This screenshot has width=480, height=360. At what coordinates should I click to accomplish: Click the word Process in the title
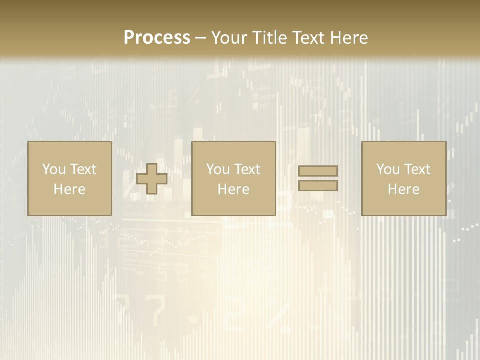[157, 38]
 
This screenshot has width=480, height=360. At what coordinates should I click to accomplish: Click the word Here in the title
[349, 38]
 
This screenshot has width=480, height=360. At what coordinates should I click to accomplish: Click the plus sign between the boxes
[152, 179]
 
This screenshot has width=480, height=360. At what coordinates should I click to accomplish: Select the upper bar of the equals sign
[318, 171]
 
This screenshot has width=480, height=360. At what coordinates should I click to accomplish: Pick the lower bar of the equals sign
[318, 186]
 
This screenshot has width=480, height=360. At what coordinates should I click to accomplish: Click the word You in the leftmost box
[54, 169]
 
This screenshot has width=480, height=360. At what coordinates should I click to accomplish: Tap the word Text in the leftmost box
[83, 169]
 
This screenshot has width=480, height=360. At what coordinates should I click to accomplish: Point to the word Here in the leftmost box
[69, 189]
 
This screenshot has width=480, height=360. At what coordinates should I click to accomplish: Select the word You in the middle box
[218, 169]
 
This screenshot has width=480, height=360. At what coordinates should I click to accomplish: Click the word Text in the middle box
[247, 169]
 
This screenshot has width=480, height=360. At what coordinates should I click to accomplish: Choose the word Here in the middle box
[233, 189]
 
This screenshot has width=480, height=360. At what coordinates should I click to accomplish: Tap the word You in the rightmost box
[388, 169]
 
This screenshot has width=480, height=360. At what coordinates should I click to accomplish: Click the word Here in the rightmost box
[403, 189]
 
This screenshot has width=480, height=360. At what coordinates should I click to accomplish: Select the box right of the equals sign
[404, 205]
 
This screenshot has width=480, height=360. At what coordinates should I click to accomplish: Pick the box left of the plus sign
[69, 205]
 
